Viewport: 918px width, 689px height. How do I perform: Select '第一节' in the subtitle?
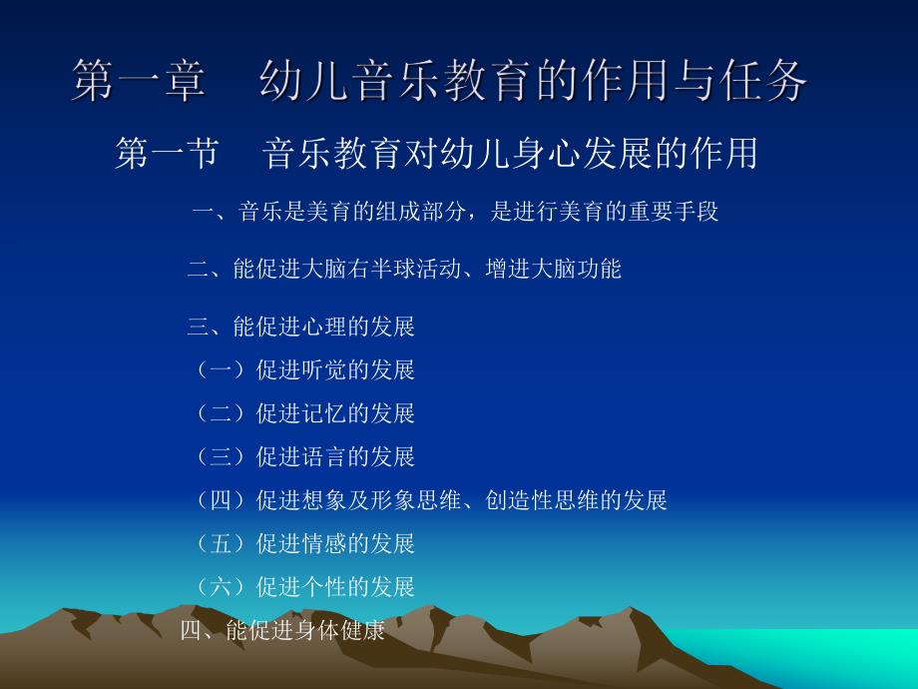coord(166,154)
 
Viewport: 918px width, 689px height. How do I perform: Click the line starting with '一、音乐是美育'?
coord(454,212)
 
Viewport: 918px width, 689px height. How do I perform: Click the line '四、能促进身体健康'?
coord(282,631)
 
